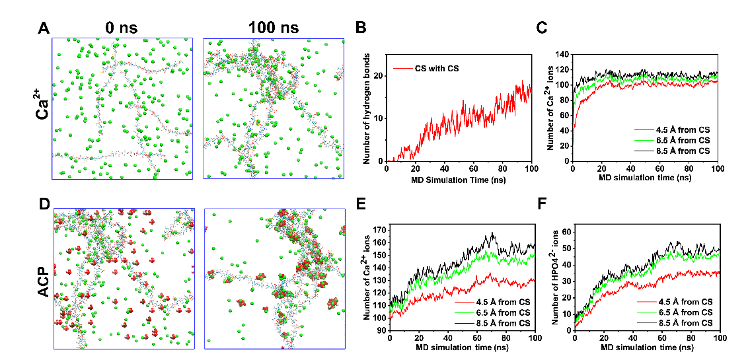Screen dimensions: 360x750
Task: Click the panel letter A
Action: [x=44, y=28]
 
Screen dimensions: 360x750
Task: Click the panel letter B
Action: [x=361, y=28]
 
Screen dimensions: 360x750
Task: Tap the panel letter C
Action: [x=542, y=28]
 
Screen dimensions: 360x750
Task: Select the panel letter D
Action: [x=44, y=204]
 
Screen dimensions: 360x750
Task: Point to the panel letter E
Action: [x=361, y=204]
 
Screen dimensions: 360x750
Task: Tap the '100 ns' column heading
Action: [x=274, y=28]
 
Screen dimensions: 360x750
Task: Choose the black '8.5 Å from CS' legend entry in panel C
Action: [x=681, y=151]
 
